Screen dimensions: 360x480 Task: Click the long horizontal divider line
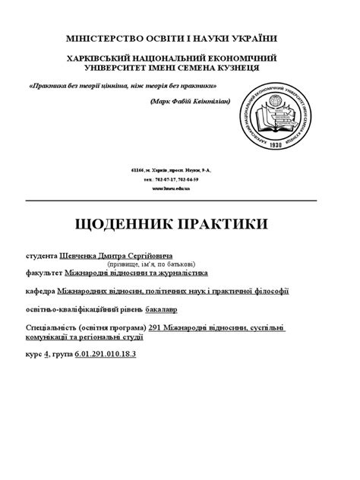click(x=179, y=201)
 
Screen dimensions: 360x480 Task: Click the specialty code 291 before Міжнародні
click(x=156, y=327)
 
